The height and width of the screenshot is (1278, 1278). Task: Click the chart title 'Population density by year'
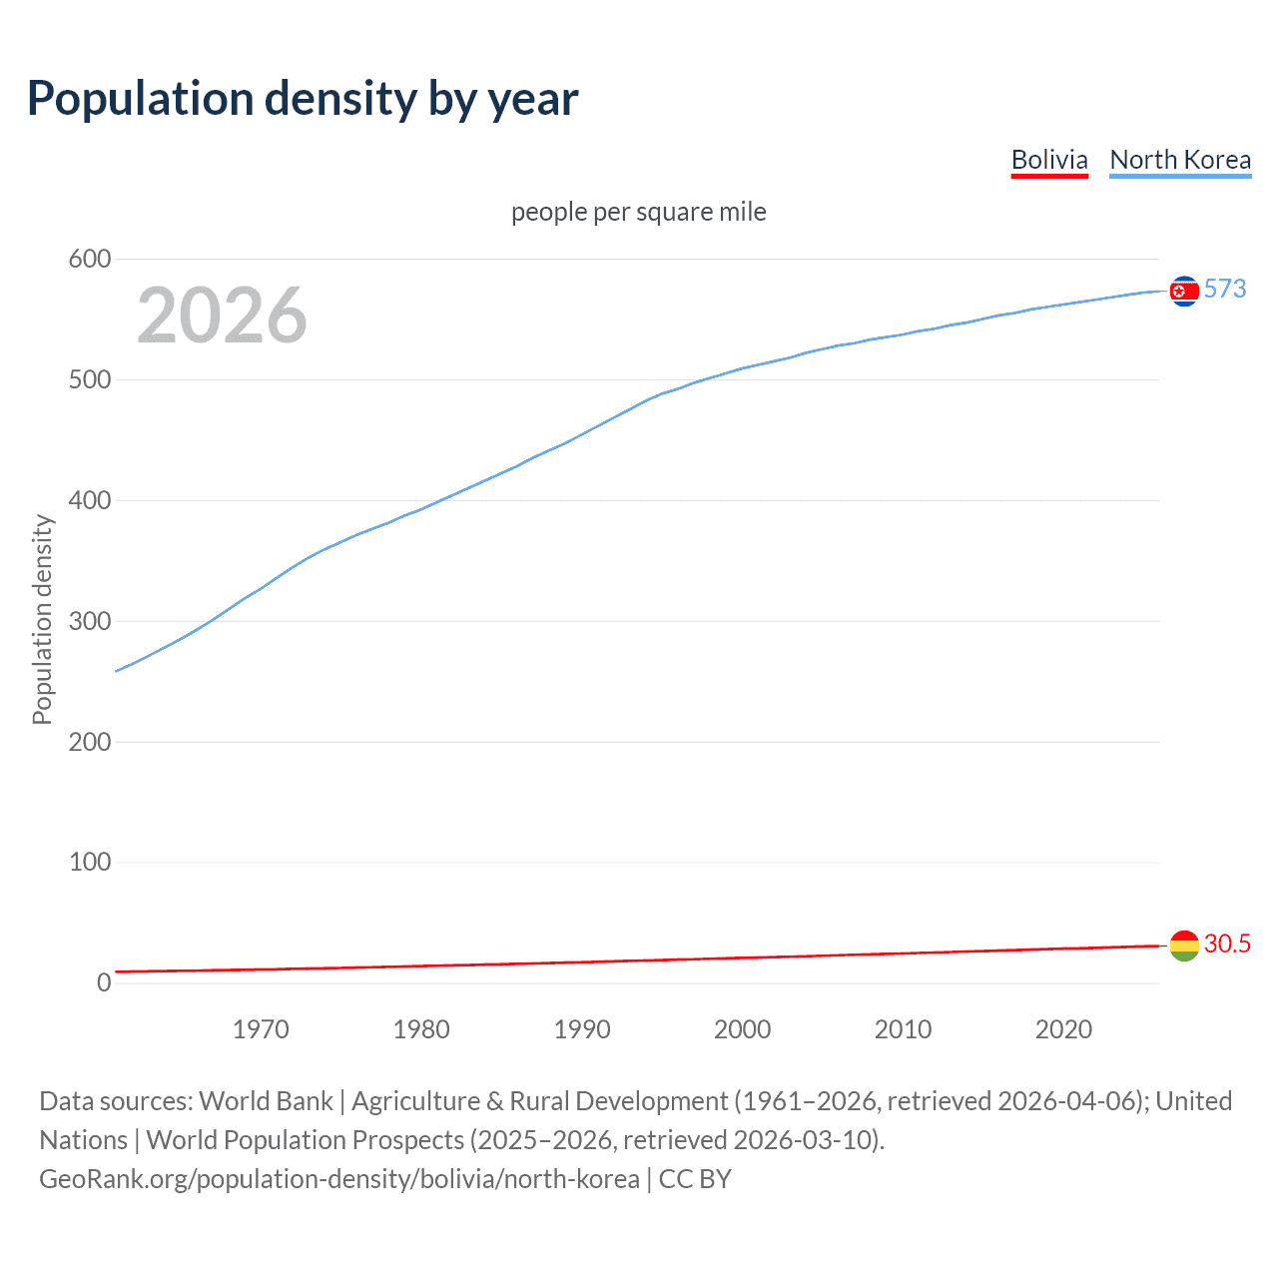tap(303, 99)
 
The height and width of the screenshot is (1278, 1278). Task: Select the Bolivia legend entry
tap(1048, 160)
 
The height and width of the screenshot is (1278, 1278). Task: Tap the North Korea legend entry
tap(1180, 160)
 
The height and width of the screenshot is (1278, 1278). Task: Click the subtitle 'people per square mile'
tap(638, 212)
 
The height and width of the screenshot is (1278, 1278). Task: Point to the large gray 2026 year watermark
tap(222, 316)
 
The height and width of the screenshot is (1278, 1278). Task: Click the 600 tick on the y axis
tap(90, 260)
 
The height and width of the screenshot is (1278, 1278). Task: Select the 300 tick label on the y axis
tap(90, 621)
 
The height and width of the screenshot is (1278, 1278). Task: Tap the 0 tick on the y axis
tap(104, 982)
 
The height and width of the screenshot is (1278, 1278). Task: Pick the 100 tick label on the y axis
tap(90, 862)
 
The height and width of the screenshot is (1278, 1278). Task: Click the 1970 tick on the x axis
tap(261, 1029)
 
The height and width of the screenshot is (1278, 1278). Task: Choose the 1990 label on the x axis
tap(582, 1029)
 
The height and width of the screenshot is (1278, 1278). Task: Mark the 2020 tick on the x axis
tap(1063, 1029)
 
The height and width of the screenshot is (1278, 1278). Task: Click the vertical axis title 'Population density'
tap(42, 619)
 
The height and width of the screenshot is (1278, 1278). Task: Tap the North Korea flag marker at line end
tap(1184, 291)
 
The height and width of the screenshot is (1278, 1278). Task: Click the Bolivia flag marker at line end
tap(1184, 945)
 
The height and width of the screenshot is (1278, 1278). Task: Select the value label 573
tap(1225, 290)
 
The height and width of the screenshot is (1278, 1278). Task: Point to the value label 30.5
tap(1227, 944)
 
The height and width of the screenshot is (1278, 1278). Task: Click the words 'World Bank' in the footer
tap(266, 1101)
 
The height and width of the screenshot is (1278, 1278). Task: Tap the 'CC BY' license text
tap(695, 1179)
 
